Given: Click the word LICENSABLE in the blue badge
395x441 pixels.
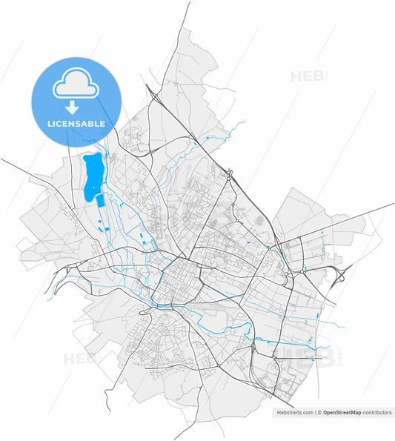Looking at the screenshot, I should pyautogui.click(x=76, y=124).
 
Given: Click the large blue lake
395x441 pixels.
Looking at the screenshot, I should pyautogui.click(x=93, y=178).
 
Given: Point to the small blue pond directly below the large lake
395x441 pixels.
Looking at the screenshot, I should pyautogui.click(x=99, y=201).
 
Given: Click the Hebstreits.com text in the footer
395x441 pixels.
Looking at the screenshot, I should pyautogui.click(x=295, y=412).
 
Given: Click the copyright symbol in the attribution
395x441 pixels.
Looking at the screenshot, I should pyautogui.click(x=320, y=412).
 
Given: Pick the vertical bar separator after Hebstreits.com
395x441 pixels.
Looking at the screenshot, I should pyautogui.click(x=315, y=412).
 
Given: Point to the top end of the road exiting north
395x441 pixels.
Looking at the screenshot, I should pyautogui.click(x=190, y=2).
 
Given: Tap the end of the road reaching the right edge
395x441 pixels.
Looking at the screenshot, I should pyautogui.click(x=393, y=203).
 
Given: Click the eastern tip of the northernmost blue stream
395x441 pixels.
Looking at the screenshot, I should pyautogui.click(x=244, y=123).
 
